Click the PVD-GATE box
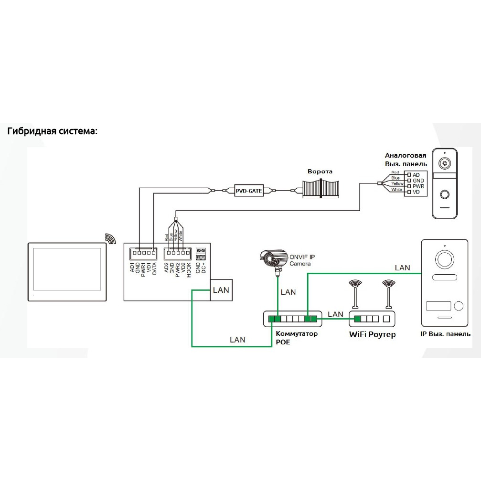pyautogui.click(x=249, y=191)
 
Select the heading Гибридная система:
pyautogui.click(x=52, y=131)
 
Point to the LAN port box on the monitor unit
pyautogui.click(x=221, y=289)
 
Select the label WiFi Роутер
pyautogui.click(x=372, y=334)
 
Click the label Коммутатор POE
pyautogui.click(x=296, y=338)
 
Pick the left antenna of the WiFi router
pyautogui.click(x=355, y=294)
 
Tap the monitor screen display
pyautogui.click(x=67, y=270)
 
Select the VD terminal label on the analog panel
pyautogui.click(x=416, y=192)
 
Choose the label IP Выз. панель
pyautogui.click(x=445, y=334)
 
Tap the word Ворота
pyautogui.click(x=320, y=171)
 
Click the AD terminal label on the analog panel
pyautogui.click(x=416, y=175)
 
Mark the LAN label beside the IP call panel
pyautogui.click(x=402, y=268)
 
